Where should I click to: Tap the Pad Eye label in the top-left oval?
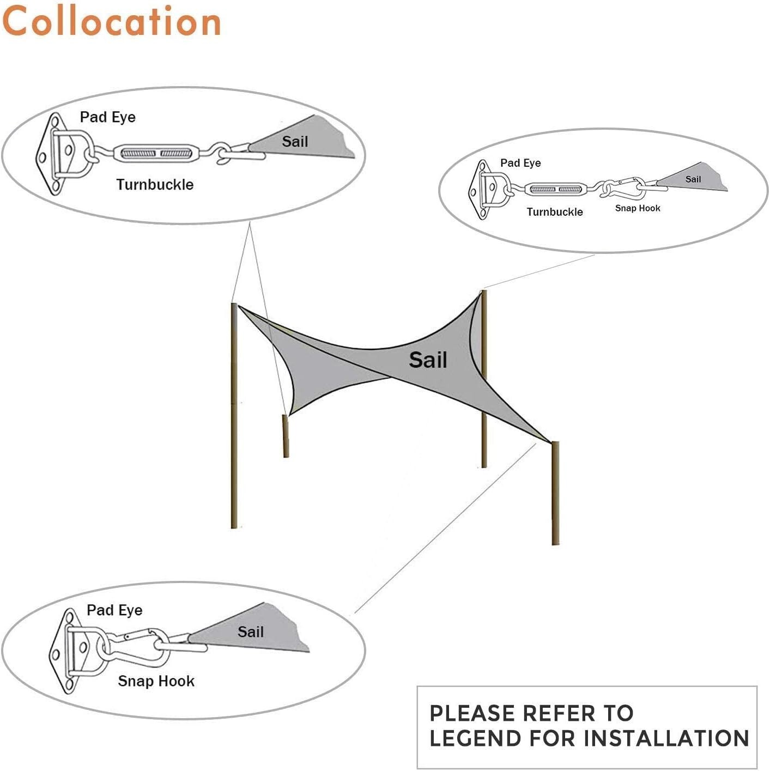tap(108, 117)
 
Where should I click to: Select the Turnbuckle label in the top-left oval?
tap(155, 185)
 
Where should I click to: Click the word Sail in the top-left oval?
tap(295, 141)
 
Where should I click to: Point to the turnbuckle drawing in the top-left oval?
tap(156, 153)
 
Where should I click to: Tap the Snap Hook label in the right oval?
tap(638, 208)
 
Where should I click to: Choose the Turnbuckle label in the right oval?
tap(555, 211)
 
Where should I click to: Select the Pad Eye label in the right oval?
tap(520, 163)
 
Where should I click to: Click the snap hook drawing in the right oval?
tap(623, 188)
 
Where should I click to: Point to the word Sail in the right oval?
tap(693, 179)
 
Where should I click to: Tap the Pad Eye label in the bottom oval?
tap(114, 610)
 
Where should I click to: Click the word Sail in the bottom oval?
tap(251, 632)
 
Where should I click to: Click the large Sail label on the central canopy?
tap(428, 360)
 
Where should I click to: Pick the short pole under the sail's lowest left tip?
tap(286, 436)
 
